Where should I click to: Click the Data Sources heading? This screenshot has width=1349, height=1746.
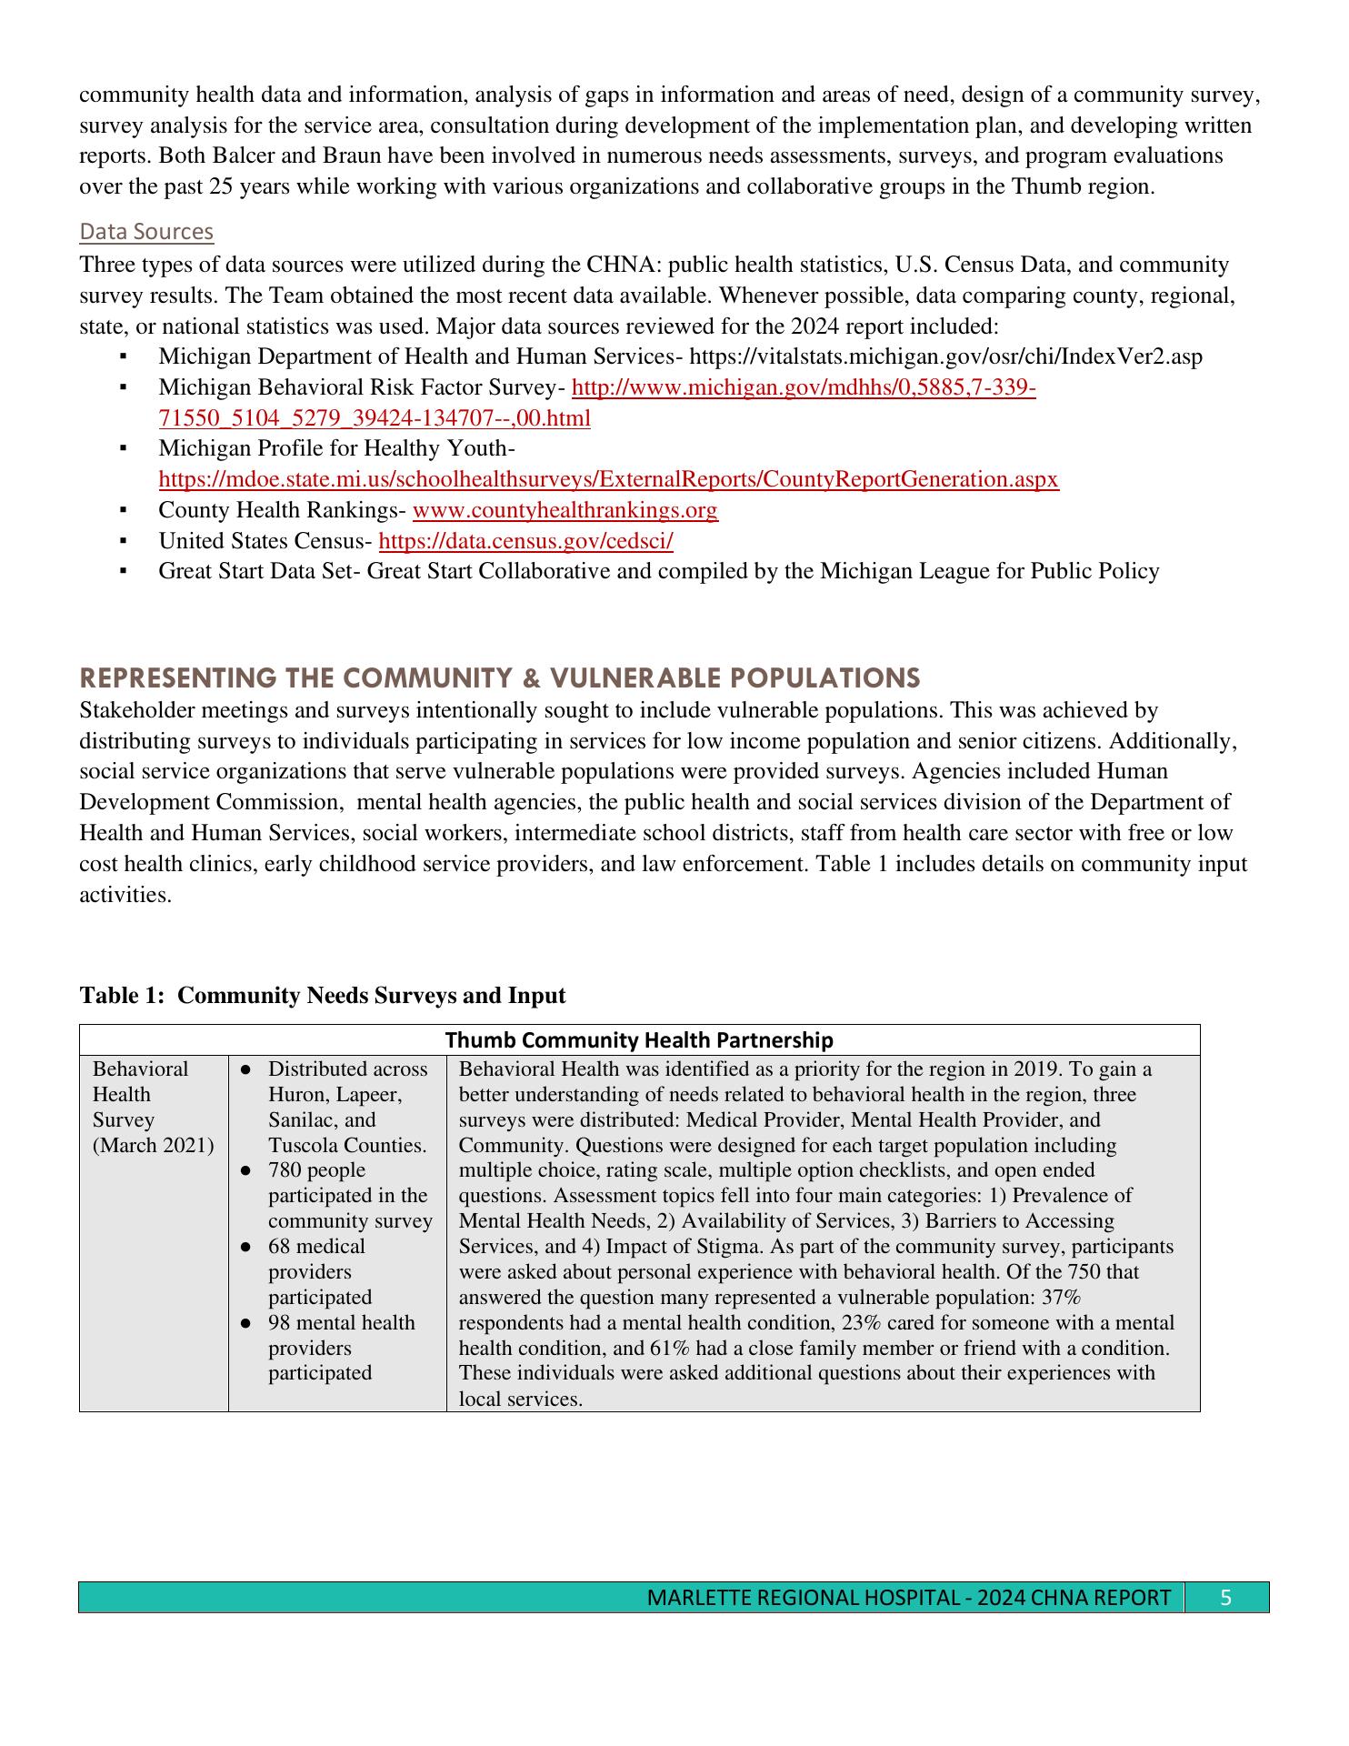[x=146, y=232]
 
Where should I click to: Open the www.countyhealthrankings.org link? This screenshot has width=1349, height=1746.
[x=565, y=510]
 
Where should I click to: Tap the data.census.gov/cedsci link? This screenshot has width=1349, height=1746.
[x=525, y=541]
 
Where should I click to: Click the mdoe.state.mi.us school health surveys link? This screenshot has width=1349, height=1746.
[x=608, y=479]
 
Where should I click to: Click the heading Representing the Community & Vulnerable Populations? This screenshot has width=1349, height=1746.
[x=500, y=677]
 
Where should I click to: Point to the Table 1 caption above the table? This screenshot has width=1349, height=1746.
[x=323, y=996]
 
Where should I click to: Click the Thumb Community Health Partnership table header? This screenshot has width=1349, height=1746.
[x=639, y=1039]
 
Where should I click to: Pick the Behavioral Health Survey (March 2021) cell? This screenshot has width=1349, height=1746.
[x=153, y=1107]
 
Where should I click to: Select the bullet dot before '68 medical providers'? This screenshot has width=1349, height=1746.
[x=245, y=1247]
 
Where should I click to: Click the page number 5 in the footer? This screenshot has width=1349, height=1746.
[x=1225, y=1598]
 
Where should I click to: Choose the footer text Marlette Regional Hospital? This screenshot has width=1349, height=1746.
[x=801, y=1598]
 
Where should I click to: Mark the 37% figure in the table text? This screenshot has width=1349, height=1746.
[x=1061, y=1297]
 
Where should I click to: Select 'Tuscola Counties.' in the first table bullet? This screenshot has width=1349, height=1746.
[x=346, y=1145]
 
